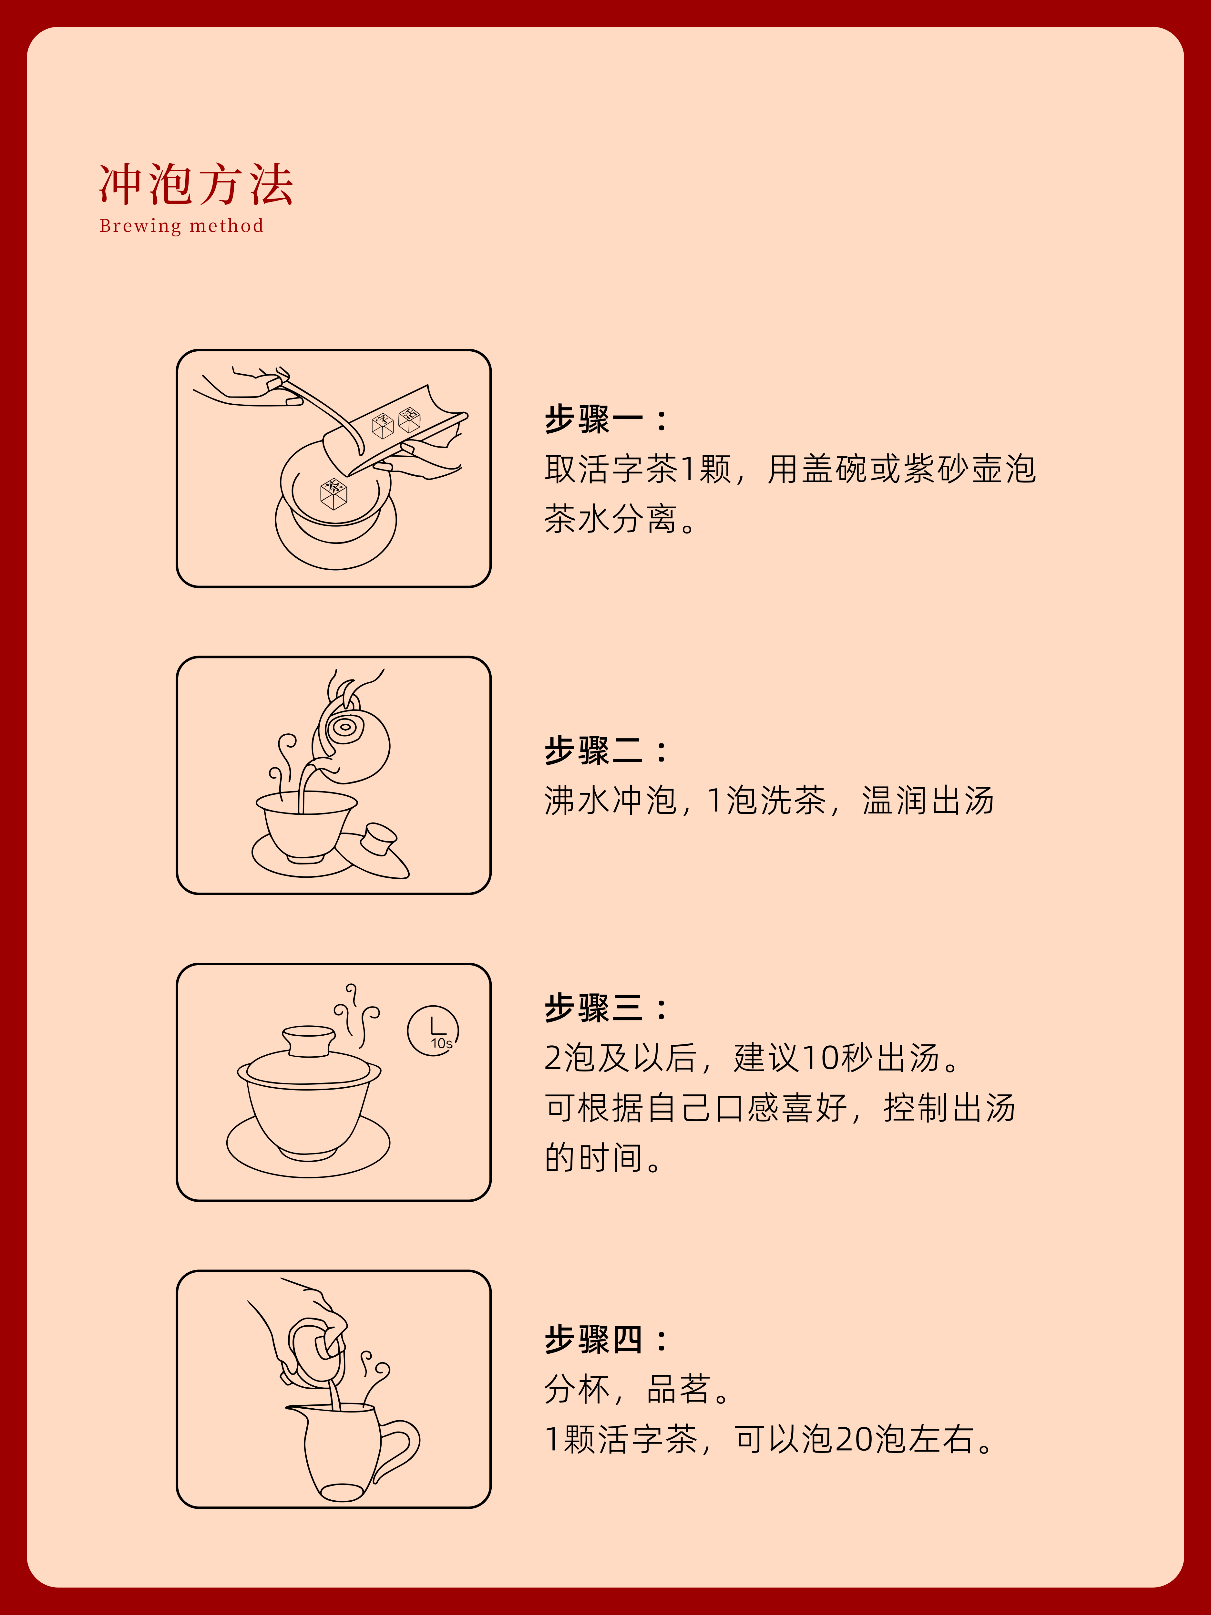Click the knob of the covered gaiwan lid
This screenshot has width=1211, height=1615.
[309, 1041]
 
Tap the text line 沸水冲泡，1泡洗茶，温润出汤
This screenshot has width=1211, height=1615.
[769, 800]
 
